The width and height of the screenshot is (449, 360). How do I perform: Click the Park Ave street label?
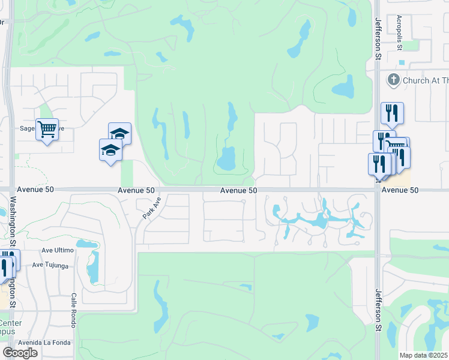pos(151,208)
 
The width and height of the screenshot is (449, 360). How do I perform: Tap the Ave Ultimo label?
pos(58,250)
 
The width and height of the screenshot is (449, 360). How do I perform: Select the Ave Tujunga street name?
pos(50,265)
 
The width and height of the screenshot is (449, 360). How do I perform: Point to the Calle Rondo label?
pos(74,305)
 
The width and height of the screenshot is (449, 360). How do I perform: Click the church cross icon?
pos(394,80)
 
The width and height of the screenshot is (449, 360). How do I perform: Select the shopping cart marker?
pos(47,128)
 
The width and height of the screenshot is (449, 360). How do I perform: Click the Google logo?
pos(20,353)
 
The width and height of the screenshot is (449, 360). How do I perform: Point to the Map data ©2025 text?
pos(424,355)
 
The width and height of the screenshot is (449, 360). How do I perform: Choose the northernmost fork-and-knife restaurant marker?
pos(392,112)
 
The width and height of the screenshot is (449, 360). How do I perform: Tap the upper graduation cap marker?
pos(119,133)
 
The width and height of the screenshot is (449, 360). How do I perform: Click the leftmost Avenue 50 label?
pos(35,189)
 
